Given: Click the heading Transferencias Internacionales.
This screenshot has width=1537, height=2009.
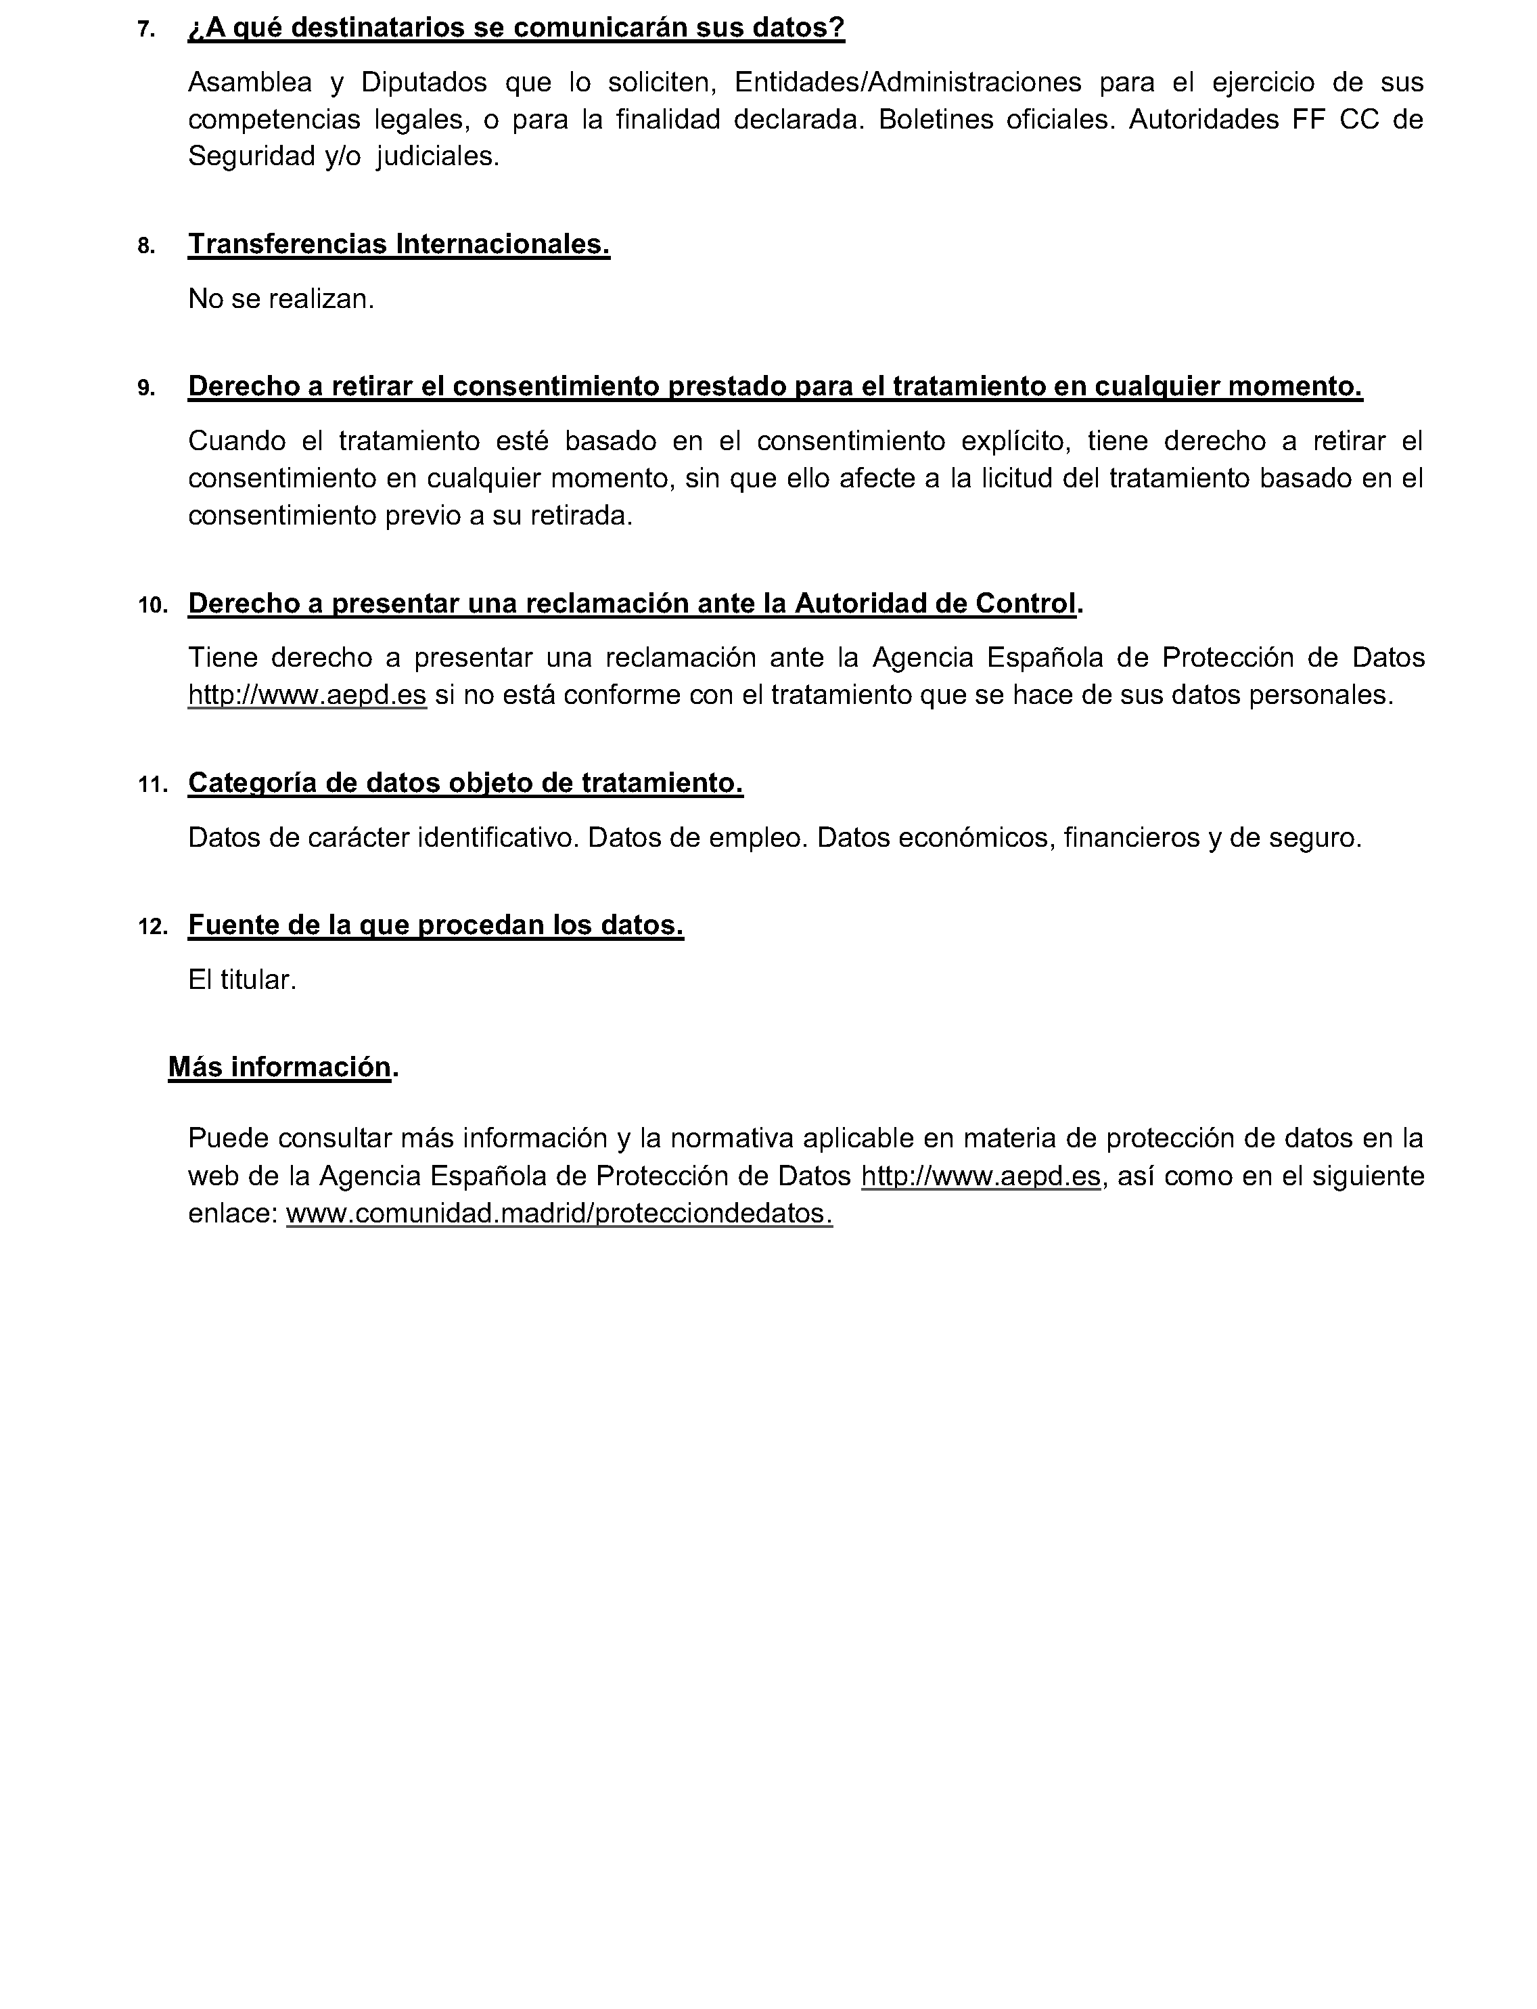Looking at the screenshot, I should [399, 244].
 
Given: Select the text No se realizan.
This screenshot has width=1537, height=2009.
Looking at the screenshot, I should [281, 299].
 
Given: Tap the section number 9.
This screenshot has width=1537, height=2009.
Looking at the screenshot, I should [145, 388].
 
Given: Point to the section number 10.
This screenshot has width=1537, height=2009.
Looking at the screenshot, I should [152, 605].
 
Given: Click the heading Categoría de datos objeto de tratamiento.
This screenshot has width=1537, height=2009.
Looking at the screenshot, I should [465, 783].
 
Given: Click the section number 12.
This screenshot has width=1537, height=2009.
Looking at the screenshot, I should [152, 927].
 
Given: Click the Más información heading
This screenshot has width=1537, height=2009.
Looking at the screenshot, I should [280, 1068].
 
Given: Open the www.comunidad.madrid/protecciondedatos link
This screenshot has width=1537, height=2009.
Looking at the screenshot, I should [559, 1214].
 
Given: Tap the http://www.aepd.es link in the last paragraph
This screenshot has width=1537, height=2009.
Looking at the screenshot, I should [981, 1176].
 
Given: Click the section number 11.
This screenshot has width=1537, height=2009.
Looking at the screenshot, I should [152, 785].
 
